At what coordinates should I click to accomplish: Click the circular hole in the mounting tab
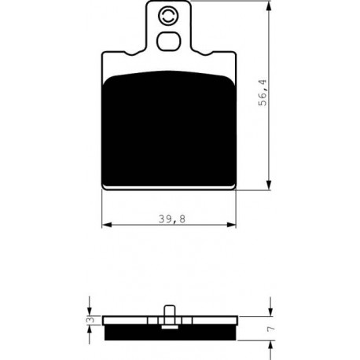167,15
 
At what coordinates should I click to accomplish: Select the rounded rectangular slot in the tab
169,42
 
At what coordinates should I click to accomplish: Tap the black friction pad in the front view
169,129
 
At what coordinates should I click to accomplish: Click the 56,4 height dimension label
263,93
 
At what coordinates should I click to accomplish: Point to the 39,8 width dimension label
172,219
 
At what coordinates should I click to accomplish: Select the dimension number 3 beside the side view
91,320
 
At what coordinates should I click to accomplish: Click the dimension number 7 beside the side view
271,329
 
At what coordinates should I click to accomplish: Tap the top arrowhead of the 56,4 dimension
268,6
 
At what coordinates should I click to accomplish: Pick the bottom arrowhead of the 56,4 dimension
268,185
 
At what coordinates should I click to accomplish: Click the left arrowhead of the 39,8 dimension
107,225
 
